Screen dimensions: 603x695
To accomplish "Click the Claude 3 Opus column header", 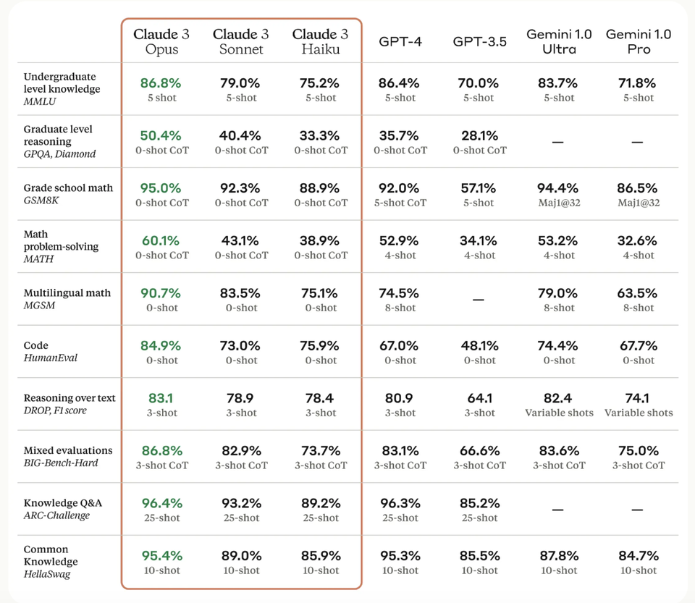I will [161, 42].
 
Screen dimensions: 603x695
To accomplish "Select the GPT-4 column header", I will [400, 41].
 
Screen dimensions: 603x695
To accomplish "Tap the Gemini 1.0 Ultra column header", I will [559, 42].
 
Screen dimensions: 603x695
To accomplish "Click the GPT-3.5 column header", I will [479, 41].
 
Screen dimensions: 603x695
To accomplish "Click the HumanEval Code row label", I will [51, 351].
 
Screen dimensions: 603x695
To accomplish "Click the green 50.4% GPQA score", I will [161, 136].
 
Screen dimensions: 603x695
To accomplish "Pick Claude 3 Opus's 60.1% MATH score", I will [161, 241].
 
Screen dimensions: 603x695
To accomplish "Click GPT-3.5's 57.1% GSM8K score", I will [479, 188].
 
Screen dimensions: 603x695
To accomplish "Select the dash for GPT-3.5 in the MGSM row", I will [479, 300].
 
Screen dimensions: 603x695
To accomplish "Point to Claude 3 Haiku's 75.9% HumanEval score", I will [320, 346].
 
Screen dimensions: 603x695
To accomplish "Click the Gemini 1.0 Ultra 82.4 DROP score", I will [559, 398].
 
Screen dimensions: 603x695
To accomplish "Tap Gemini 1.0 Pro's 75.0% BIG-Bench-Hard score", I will [639, 451].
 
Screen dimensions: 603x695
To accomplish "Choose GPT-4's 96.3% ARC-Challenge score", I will [400, 503].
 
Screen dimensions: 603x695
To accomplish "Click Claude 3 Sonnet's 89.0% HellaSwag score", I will [240, 556].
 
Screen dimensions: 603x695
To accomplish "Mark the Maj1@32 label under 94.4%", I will [559, 203].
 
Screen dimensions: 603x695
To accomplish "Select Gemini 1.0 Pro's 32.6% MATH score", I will [639, 241].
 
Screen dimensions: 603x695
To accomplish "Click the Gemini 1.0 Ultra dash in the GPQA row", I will [558, 143].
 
